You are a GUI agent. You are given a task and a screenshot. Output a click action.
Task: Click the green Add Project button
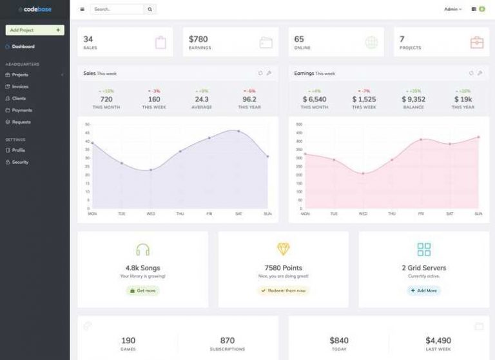[x=35, y=30]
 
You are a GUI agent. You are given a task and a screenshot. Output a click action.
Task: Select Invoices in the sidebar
[x=20, y=86]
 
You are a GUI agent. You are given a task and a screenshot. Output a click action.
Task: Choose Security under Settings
[x=20, y=162]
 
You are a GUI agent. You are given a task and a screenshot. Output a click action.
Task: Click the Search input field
[x=117, y=10]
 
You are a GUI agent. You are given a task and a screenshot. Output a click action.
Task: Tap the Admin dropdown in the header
[x=452, y=10]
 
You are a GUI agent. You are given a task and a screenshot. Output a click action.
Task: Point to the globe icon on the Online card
[x=371, y=43]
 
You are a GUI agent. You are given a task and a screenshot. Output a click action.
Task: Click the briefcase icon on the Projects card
[x=476, y=43]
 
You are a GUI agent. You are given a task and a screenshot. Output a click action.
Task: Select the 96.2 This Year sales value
[x=249, y=99]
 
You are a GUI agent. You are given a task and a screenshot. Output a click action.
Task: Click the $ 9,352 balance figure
[x=413, y=99]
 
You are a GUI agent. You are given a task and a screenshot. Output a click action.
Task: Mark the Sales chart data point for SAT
[x=238, y=131]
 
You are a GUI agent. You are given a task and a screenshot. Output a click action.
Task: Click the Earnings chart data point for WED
[x=363, y=174]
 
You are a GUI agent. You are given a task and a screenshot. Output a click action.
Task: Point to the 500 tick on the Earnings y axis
[x=298, y=124]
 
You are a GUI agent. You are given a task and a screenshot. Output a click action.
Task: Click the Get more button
[x=142, y=290]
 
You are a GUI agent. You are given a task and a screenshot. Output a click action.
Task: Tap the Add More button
[x=423, y=290]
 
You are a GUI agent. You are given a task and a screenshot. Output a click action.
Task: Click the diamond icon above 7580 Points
[x=283, y=249]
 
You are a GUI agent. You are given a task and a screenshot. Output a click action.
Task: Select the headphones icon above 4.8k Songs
[x=142, y=250]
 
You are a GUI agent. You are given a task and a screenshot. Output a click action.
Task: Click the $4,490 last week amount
[x=438, y=340]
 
